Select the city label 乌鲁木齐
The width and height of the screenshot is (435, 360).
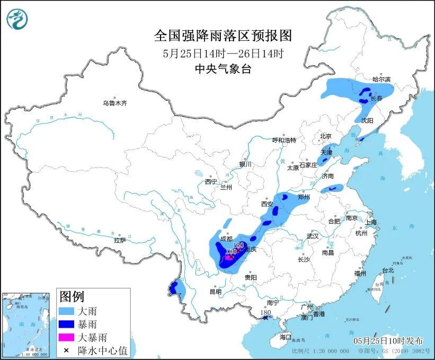coord(115,103)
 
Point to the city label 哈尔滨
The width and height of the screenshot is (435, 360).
coord(381,80)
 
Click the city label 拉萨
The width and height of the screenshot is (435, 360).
coord(120,240)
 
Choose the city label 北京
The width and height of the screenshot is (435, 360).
coord(325,136)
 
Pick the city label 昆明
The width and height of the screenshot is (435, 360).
coord(215,291)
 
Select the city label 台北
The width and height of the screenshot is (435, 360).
coord(388,270)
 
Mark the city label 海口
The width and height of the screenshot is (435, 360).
coord(286,337)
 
